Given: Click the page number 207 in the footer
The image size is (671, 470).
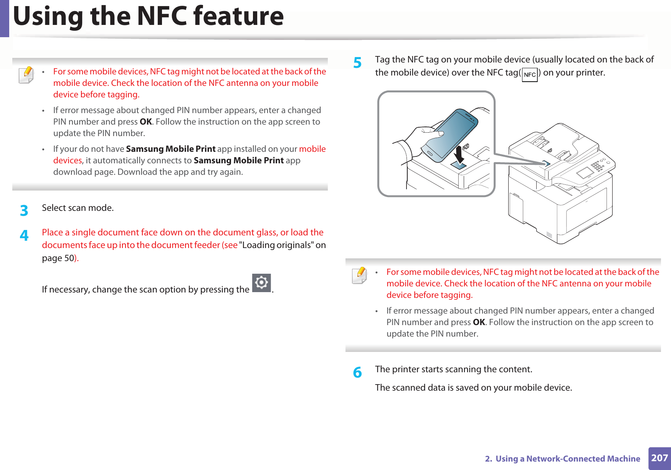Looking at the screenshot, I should [x=659, y=458].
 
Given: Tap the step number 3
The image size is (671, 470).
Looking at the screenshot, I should [x=24, y=210].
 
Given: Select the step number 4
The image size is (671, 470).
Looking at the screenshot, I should [x=24, y=235].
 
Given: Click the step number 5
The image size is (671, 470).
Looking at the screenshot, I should [x=357, y=62].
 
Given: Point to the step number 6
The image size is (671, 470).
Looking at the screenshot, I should [x=357, y=372].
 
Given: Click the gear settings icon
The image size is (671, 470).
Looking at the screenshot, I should [x=261, y=283].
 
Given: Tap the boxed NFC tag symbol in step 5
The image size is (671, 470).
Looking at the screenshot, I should [x=530, y=75].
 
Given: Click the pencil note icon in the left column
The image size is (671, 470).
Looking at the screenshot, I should [x=26, y=75].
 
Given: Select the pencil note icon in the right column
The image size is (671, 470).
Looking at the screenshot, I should [x=359, y=275].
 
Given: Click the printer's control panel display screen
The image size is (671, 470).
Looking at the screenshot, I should [x=585, y=173].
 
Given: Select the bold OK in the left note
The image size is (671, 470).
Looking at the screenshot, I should [x=146, y=122].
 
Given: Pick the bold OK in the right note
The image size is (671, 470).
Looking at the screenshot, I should [x=479, y=322].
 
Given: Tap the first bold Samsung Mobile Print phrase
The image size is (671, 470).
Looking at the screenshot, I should [x=170, y=149].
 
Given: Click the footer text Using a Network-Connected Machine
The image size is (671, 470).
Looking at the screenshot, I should [x=568, y=458].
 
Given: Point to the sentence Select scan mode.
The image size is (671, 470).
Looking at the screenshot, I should [x=78, y=208].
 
